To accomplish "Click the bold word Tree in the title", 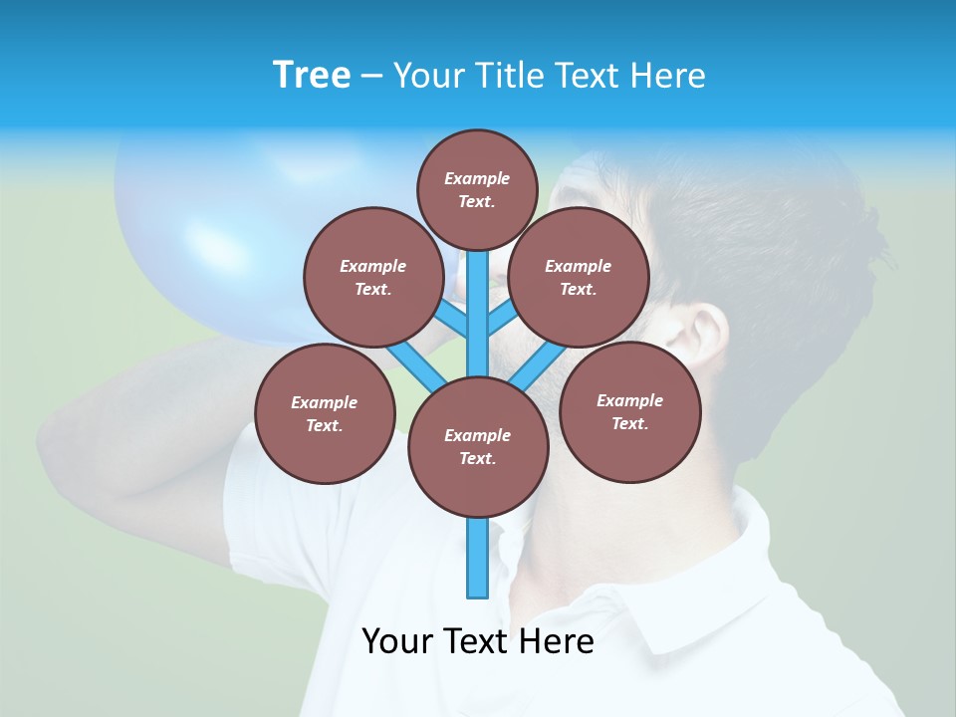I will pos(312,75).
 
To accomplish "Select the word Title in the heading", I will pos(511,76).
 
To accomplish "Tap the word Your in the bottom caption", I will pos(399,641).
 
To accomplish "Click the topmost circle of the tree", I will pos(477,189).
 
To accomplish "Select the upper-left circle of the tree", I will pos(372,277).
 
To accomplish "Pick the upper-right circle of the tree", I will pos(579,277).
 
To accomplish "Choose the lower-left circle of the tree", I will pos(325,413).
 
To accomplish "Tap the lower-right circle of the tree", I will pos(629,411).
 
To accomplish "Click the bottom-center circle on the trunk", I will pos(478,446).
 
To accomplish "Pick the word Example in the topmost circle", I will pos(477,178).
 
